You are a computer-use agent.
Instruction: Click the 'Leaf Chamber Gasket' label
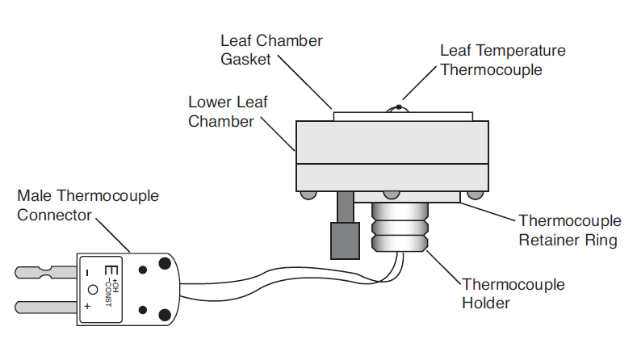271,50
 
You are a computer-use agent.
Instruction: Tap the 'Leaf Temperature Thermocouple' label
503,61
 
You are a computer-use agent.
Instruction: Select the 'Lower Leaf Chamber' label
228,111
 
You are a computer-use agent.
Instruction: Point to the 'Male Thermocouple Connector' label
88,205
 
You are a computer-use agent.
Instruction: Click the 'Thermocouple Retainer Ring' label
570,230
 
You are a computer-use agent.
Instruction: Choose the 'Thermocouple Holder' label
513,293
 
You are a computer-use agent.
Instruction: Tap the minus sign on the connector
87,274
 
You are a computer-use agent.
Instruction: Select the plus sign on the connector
87,306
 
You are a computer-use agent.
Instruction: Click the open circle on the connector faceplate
93,290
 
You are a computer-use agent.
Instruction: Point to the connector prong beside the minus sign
45,272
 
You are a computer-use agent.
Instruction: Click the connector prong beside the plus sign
45,308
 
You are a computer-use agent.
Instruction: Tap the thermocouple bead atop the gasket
399,107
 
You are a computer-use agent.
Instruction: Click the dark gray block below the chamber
345,241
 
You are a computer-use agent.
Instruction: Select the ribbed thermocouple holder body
400,227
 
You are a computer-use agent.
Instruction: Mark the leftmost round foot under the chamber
308,195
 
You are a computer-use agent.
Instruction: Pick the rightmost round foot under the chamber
475,195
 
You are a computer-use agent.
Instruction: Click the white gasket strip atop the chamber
403,116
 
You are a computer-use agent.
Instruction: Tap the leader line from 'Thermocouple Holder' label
443,267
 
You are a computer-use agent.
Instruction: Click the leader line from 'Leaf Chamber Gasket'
304,82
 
